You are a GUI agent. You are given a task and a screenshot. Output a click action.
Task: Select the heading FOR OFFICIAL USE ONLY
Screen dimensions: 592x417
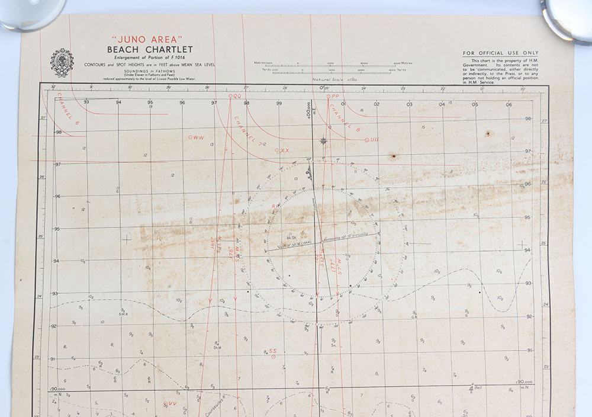[501, 53]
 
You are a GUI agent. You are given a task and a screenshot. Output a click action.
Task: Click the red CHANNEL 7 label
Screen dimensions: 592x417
[248, 130]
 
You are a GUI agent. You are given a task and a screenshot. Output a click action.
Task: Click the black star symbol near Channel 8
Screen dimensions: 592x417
[323, 140]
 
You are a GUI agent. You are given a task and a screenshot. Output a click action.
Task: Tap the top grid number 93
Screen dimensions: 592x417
[87, 102]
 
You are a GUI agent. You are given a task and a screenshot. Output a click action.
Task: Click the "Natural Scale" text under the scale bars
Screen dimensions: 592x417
[324, 78]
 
